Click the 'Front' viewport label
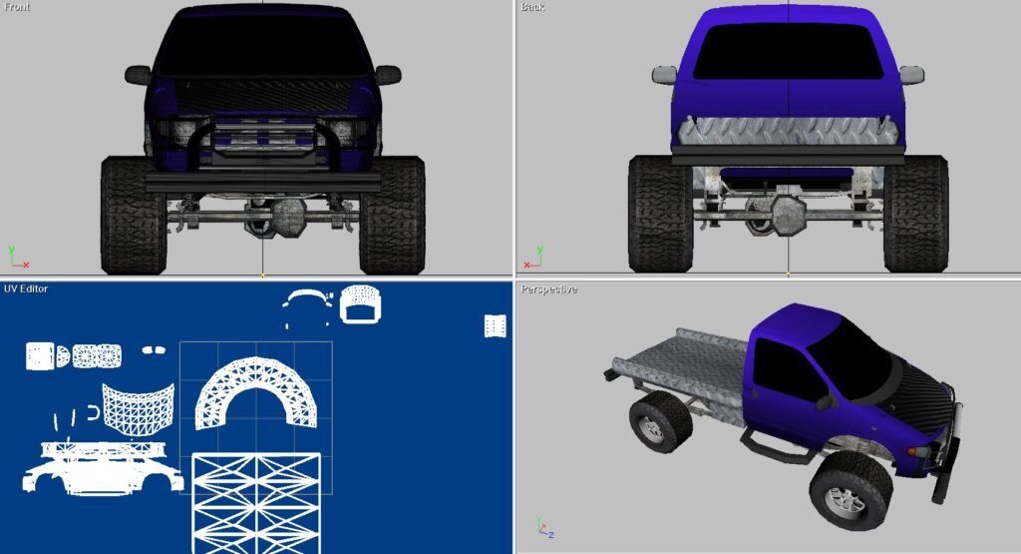coord(17,7)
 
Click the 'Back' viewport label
coord(532,7)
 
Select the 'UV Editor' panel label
coord(26,288)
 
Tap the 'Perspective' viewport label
coord(549,289)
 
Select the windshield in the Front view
coord(263,47)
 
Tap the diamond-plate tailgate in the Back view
coord(788,133)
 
